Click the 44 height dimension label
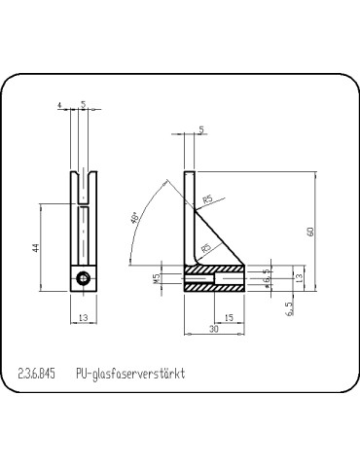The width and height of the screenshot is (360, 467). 35,248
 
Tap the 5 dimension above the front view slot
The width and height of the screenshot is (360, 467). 84,104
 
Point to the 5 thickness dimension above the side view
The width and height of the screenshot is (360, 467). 200,128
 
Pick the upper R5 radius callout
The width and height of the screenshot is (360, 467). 207,200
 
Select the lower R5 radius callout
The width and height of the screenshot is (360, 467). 205,249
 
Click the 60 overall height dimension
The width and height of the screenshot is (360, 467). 310,232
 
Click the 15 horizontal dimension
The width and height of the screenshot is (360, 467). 228,318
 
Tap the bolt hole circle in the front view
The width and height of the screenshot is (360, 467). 85,280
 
